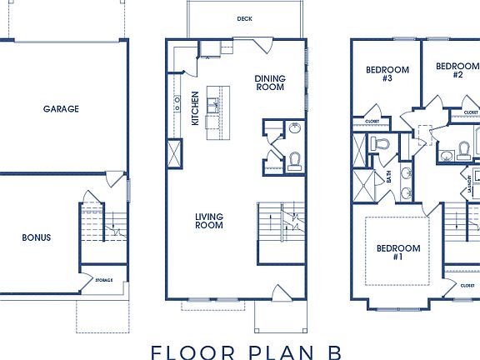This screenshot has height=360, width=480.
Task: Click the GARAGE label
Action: tap(61, 108)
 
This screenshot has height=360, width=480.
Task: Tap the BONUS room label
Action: tap(36, 237)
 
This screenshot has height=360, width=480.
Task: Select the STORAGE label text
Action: tap(103, 280)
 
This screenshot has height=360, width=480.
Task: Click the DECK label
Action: tap(244, 18)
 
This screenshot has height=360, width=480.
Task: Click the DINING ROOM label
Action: tap(269, 82)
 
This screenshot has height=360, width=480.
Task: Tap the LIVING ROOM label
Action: tap(209, 221)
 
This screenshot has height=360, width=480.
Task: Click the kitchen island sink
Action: tap(213, 104)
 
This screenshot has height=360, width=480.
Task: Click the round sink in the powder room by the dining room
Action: tap(293, 128)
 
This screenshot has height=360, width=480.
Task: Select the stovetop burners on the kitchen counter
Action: tap(177, 102)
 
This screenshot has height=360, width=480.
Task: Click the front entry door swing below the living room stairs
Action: tap(280, 293)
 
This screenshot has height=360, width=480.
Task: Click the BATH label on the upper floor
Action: tap(388, 177)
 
